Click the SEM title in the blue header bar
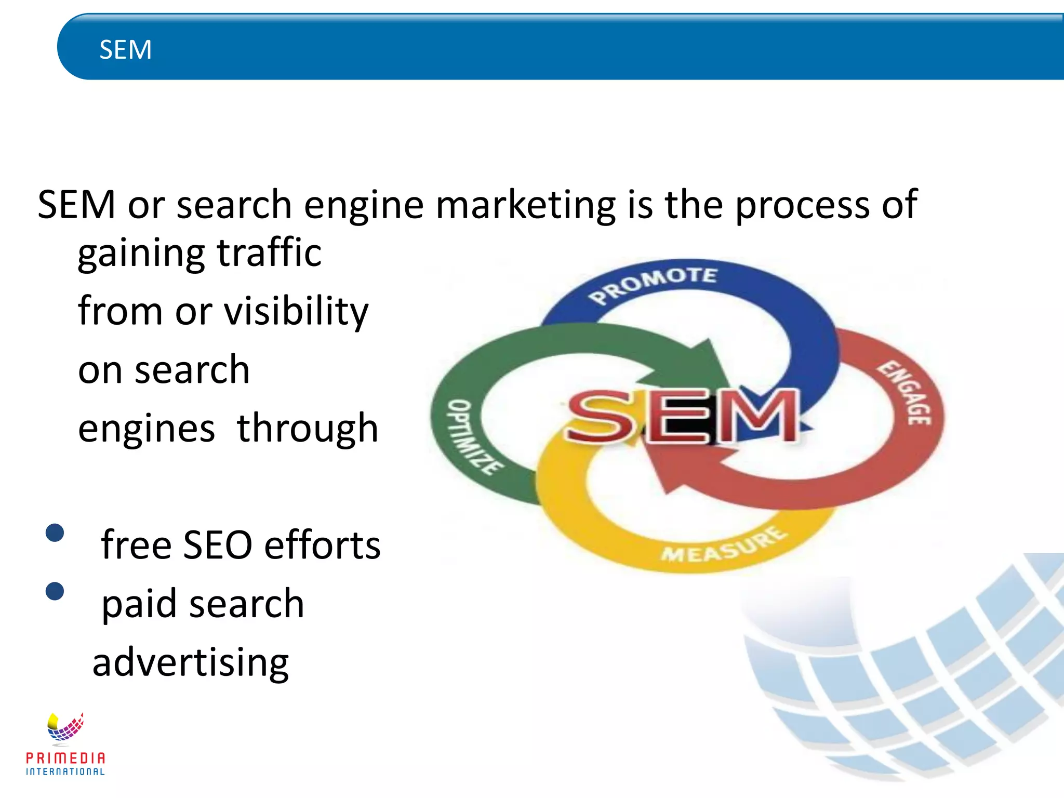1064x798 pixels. click(125, 50)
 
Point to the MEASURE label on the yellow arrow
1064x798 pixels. click(724, 546)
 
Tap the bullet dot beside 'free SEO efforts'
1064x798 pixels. click(55, 533)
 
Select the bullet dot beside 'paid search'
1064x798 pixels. click(55, 591)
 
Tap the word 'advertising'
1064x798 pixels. click(191, 663)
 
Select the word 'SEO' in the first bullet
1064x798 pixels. click(218, 545)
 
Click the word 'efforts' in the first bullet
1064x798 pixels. click(322, 545)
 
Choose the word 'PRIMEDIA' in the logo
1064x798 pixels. click(65, 758)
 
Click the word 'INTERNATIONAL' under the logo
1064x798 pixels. click(65, 772)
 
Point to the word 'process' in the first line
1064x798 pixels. click(802, 205)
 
